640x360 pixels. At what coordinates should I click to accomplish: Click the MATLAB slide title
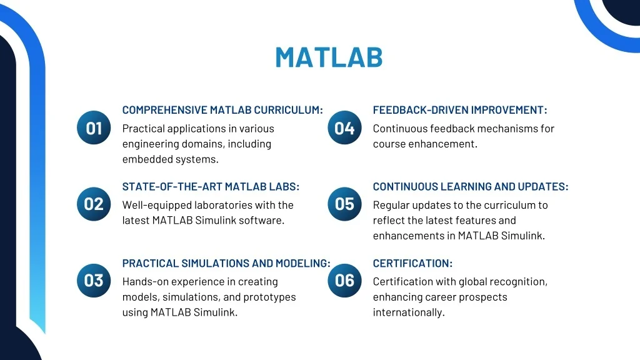click(329, 57)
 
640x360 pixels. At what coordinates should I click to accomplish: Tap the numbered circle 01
click(94, 127)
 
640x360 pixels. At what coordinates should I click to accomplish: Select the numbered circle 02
click(94, 204)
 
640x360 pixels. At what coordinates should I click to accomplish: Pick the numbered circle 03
click(94, 281)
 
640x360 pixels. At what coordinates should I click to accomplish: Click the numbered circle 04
click(344, 127)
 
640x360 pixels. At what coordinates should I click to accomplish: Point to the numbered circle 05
click(344, 204)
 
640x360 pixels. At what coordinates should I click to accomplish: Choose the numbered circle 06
click(344, 281)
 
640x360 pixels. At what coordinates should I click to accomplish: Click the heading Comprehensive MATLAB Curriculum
click(222, 110)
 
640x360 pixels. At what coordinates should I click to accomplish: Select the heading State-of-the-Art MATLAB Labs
click(211, 186)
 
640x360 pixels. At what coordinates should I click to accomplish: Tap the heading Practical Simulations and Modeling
click(226, 263)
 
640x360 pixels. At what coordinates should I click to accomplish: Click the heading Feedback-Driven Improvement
click(459, 110)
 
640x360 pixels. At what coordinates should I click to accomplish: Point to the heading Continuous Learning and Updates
click(471, 186)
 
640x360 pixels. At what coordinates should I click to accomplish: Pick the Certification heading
click(412, 263)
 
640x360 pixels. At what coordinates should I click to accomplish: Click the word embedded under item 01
click(147, 159)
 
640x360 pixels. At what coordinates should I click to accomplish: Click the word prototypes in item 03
click(269, 297)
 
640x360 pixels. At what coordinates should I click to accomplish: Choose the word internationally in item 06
click(409, 312)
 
